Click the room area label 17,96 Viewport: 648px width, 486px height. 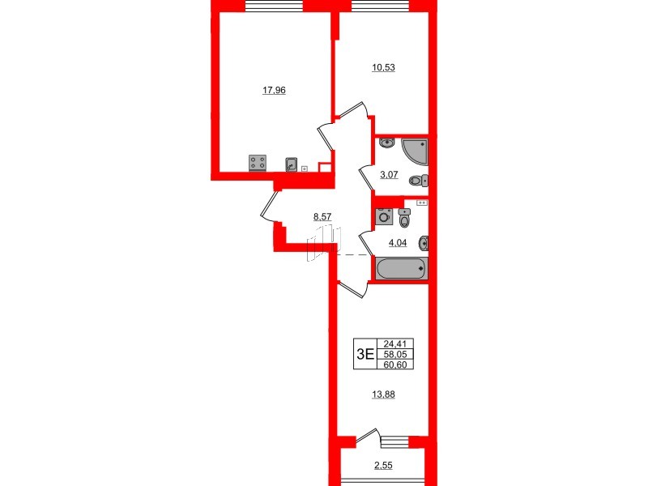pos(275,91)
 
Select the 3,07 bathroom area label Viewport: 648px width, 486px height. pos(392,173)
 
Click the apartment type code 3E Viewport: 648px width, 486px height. pos(364,353)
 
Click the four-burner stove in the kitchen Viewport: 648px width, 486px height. pos(258,164)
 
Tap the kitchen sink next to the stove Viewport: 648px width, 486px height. pos(291,164)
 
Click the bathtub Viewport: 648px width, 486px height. pos(399,268)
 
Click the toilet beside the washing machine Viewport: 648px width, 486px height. pos(405,219)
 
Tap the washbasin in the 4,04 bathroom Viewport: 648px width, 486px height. pos(423,241)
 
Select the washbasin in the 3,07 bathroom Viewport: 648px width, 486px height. pos(386,143)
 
